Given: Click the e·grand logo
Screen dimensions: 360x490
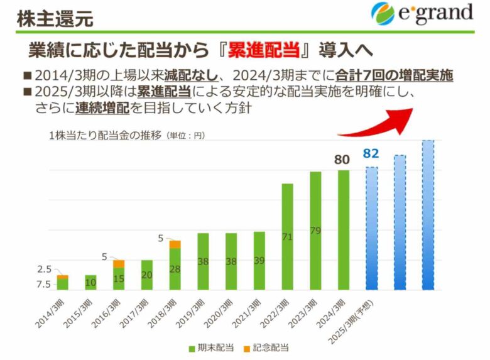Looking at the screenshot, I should coord(422,13).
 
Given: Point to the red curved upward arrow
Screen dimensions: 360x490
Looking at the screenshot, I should coord(377,123).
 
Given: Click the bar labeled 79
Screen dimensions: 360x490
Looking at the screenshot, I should coord(315,231).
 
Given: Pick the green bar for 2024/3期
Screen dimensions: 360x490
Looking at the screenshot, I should coord(343,230).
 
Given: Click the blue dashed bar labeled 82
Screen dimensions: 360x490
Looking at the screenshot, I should coord(371,228).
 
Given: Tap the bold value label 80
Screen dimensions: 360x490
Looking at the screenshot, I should coord(342,160).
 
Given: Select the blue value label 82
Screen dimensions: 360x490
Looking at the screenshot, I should coord(371,154).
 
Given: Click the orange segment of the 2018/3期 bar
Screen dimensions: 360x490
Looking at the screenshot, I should coord(175,244).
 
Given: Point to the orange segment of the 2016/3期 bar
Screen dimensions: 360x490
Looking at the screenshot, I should coord(119,264).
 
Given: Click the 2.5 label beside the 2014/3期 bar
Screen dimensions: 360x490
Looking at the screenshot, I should coord(43,270).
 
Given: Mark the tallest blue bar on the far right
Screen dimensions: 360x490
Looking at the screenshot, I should coord(428,215).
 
